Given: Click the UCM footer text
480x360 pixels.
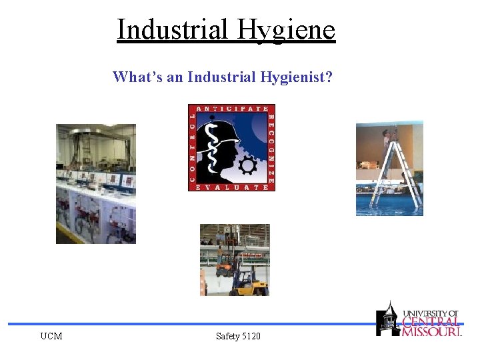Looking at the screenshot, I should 51,336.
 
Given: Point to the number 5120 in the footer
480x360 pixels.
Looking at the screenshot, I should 251,336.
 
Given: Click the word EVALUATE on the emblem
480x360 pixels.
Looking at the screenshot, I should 231,187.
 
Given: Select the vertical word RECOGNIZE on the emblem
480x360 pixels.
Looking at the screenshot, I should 271,148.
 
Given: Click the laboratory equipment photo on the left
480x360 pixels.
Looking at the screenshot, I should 95,183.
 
